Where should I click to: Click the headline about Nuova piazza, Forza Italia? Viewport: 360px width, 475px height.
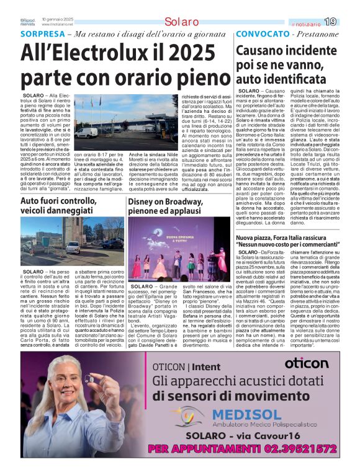(x=289, y=240)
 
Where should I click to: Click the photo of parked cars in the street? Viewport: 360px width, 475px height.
(x=72, y=240)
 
